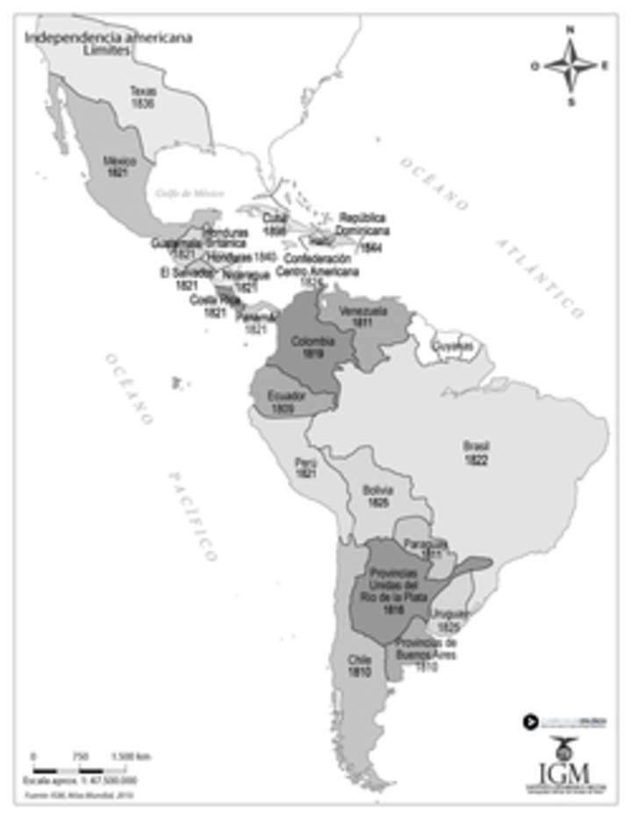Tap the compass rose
[x=570, y=66]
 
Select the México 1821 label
[x=117, y=168]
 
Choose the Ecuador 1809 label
[x=288, y=401]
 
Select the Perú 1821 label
[x=305, y=466]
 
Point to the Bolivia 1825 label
[x=379, y=495]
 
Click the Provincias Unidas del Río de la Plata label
[x=388, y=590]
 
